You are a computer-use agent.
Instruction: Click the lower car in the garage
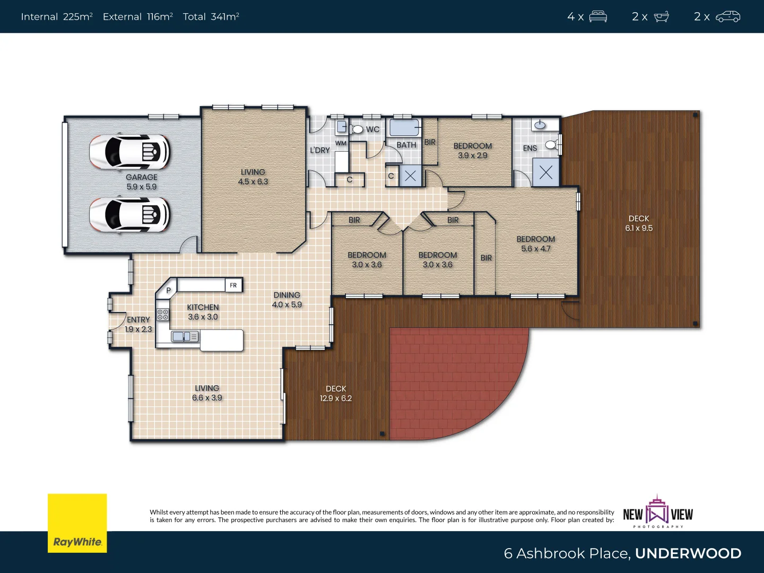pyautogui.click(x=130, y=215)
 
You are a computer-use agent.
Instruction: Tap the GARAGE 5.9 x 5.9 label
pyautogui.click(x=141, y=182)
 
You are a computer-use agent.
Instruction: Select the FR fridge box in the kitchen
pyautogui.click(x=233, y=285)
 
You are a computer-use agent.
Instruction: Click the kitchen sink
pyautogui.click(x=185, y=336)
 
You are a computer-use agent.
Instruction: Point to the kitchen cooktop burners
pyautogui.click(x=163, y=314)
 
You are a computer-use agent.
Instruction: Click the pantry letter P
pyautogui.click(x=169, y=290)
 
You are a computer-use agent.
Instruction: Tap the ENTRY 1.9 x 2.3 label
pyautogui.click(x=138, y=324)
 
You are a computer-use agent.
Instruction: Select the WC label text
pyautogui.click(x=372, y=129)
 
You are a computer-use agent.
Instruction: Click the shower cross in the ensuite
pyautogui.click(x=546, y=172)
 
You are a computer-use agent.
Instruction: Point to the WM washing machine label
pyautogui.click(x=341, y=143)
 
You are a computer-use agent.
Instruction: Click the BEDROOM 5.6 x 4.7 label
pyautogui.click(x=536, y=244)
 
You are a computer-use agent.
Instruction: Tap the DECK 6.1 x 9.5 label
pyautogui.click(x=639, y=223)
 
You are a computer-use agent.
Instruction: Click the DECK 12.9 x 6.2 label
pyautogui.click(x=336, y=394)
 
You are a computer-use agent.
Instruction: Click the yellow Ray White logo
pyautogui.click(x=77, y=523)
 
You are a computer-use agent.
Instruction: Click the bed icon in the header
pyautogui.click(x=598, y=16)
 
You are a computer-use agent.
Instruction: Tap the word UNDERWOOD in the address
pyautogui.click(x=688, y=553)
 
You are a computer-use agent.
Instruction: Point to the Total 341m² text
pyautogui.click(x=211, y=16)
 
